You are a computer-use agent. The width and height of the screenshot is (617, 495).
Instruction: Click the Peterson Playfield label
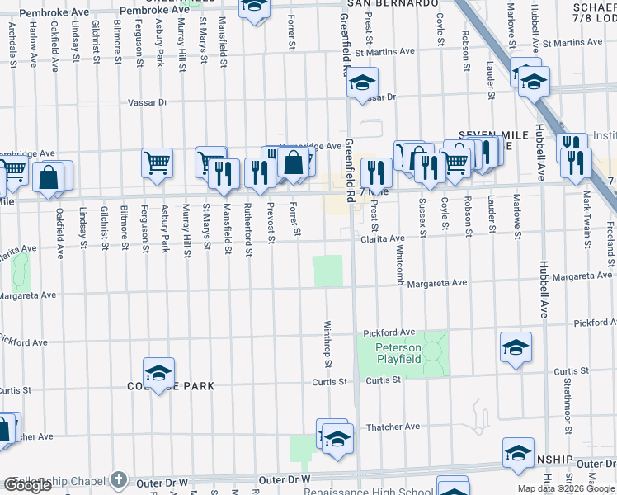click(x=399, y=353)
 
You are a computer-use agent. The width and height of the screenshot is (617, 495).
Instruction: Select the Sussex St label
click(x=422, y=218)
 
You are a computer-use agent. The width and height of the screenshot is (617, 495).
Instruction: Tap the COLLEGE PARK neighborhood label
click(x=171, y=386)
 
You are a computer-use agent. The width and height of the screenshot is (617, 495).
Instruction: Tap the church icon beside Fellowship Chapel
click(x=119, y=480)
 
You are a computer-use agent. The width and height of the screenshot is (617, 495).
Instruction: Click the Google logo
click(x=27, y=485)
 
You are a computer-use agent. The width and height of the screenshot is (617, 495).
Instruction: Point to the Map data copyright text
click(x=565, y=488)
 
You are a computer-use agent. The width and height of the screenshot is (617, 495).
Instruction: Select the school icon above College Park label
click(x=159, y=372)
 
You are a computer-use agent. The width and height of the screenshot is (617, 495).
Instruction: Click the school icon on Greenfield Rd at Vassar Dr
click(x=361, y=82)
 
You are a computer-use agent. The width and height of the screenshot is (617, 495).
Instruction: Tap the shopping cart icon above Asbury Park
click(x=157, y=162)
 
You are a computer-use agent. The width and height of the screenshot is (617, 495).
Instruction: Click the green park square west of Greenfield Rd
click(x=327, y=271)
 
